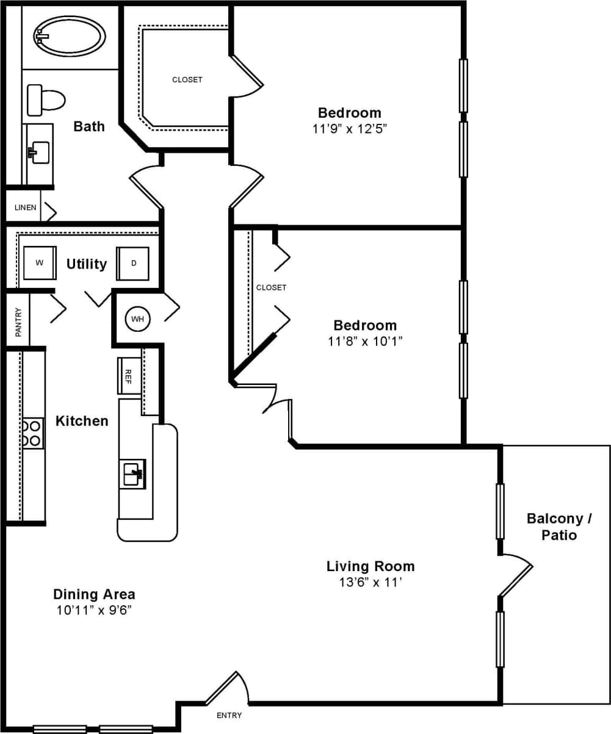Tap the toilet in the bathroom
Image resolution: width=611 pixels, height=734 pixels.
[x=46, y=100]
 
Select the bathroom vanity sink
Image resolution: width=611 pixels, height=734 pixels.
[x=40, y=152]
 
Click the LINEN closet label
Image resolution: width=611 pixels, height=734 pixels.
[x=26, y=208]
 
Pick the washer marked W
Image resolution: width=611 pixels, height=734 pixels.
[x=40, y=263]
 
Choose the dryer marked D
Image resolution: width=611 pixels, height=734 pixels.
[x=133, y=264]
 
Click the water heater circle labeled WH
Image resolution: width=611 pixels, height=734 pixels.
[x=137, y=319]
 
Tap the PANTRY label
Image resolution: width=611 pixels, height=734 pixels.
[x=18, y=322]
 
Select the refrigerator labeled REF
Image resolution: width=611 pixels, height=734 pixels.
[x=129, y=375]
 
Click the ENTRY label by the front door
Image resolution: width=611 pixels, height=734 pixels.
[x=229, y=716]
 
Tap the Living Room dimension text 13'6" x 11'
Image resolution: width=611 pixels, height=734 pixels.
[x=370, y=583]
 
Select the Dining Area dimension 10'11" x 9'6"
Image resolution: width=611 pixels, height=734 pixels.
[x=94, y=610]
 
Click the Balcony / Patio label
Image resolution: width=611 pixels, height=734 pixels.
[x=559, y=527]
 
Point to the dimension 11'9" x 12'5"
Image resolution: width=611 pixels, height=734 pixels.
[x=349, y=129]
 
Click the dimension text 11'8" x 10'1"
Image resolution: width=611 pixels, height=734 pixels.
[x=364, y=341]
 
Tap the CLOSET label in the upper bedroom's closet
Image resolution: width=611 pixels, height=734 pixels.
[x=187, y=80]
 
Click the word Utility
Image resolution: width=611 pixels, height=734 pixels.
[x=87, y=264]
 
